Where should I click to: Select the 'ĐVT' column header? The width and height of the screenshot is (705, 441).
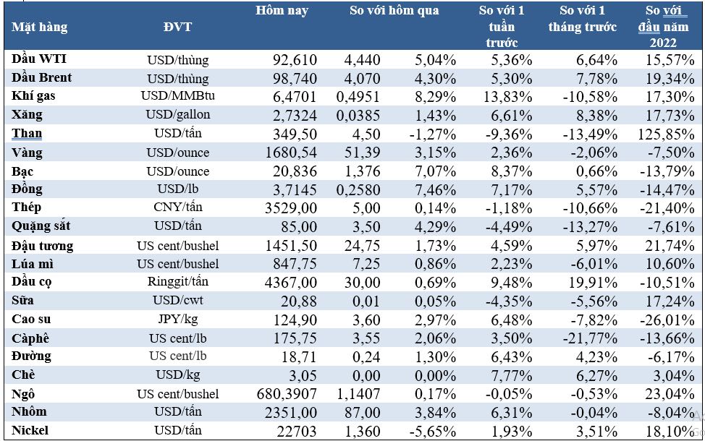click(x=178, y=27)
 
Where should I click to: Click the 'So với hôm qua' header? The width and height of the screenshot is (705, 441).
click(x=394, y=11)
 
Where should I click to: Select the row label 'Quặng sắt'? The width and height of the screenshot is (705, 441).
click(x=43, y=227)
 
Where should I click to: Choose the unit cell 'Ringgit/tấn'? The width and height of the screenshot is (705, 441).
click(x=178, y=283)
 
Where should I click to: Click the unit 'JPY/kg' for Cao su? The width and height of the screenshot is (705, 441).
click(x=178, y=320)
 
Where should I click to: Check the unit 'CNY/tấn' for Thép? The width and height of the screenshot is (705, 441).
click(x=178, y=208)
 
